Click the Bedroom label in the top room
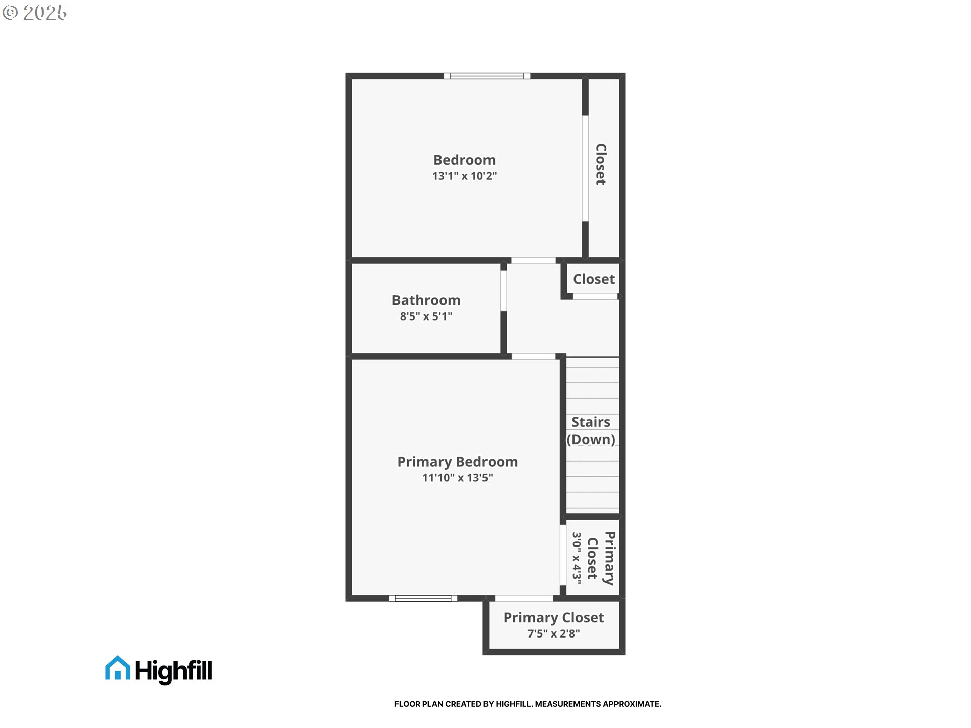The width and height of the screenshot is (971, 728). [x=464, y=160]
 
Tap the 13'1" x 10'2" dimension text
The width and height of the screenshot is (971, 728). [x=464, y=176]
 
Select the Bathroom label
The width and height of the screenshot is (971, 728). [x=426, y=300]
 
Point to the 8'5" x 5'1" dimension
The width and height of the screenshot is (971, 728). [x=426, y=316]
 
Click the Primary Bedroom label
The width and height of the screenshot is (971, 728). [x=457, y=462]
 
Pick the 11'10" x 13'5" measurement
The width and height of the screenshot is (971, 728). [x=457, y=478]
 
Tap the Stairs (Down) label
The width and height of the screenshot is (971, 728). [x=591, y=431]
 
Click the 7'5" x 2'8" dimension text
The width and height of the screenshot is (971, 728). [x=553, y=633]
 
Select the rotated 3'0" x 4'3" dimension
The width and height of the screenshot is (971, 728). [x=577, y=558]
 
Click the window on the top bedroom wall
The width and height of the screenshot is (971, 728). [x=487, y=76]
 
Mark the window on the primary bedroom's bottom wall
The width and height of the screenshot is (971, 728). [x=423, y=598]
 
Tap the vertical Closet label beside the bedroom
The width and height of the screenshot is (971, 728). [x=601, y=164]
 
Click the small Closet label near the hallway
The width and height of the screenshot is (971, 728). [x=594, y=279]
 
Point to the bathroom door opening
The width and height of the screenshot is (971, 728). [x=504, y=291]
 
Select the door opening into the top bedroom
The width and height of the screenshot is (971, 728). [x=534, y=261]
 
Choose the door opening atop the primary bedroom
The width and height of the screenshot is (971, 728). [x=534, y=356]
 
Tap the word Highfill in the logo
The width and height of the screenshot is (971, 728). [x=173, y=671]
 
